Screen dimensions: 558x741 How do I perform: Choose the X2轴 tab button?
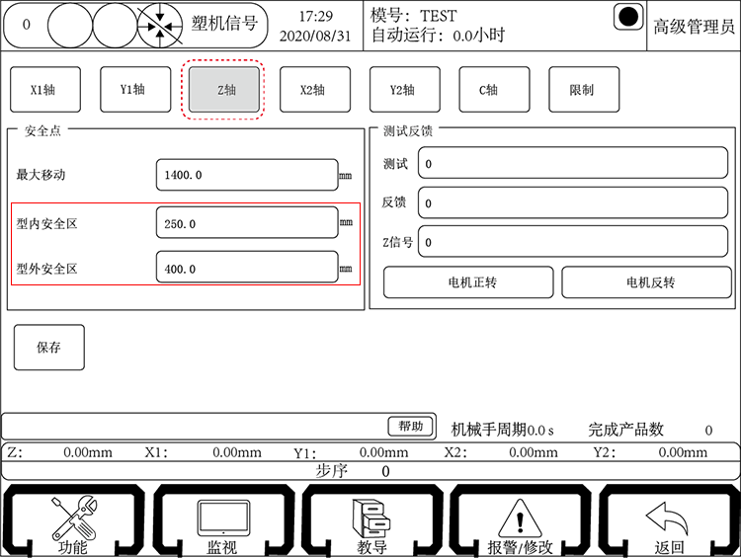tap(313, 90)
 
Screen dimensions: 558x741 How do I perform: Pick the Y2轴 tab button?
tap(403, 90)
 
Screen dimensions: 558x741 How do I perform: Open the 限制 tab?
tap(583, 90)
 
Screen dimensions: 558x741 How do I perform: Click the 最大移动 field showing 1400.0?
tap(246, 175)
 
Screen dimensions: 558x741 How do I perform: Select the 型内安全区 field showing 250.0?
tap(246, 223)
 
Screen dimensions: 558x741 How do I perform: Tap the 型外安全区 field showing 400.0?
tap(246, 268)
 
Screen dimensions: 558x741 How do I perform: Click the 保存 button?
tap(49, 347)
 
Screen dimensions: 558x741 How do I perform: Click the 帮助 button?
tap(411, 426)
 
